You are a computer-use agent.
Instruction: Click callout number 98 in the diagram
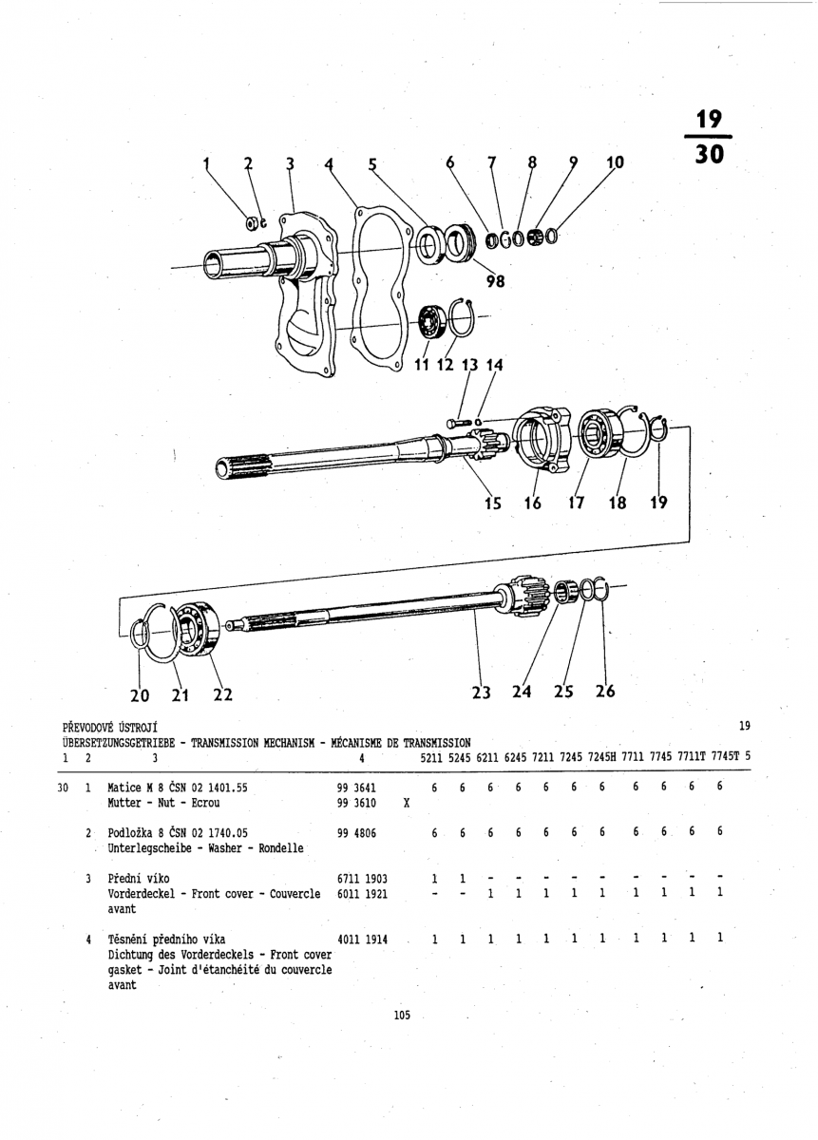coord(495,280)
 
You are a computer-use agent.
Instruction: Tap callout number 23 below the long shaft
coord(481,693)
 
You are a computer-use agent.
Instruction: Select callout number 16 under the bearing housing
coord(532,503)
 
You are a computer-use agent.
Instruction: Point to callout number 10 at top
coord(616,162)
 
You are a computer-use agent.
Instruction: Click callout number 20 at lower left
coord(140,695)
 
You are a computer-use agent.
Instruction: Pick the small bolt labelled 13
coord(459,423)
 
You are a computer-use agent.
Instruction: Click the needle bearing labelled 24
coord(565,593)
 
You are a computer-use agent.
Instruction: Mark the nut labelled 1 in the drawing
coord(251,223)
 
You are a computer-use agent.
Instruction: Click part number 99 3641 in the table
coord(356,788)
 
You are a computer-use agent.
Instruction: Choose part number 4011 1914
coord(362,940)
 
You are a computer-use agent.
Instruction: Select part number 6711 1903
coord(362,879)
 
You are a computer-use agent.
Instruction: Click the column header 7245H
coord(601,757)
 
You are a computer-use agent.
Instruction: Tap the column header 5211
coord(431,757)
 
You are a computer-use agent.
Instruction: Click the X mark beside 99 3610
coord(407,803)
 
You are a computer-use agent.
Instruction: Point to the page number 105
coord(402,1016)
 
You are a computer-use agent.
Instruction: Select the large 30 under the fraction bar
coord(709,153)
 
